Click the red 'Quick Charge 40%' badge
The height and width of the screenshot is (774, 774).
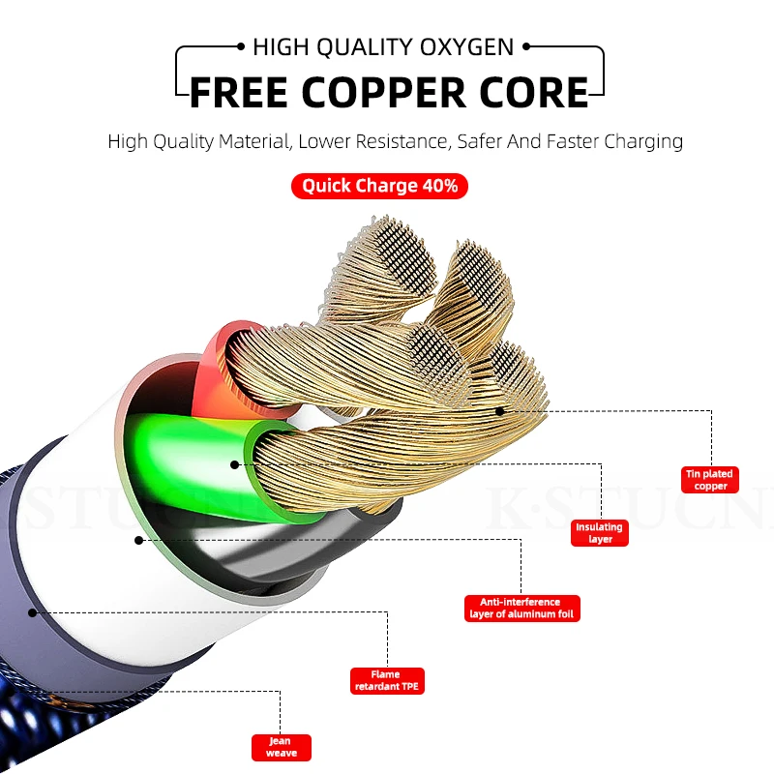[379, 186]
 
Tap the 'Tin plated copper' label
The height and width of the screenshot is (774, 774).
[710, 480]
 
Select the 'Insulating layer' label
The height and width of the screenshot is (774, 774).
[600, 533]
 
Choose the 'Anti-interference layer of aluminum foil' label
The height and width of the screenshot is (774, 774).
[521, 609]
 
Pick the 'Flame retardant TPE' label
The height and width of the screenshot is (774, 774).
[387, 681]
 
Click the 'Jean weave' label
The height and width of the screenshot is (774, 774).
[282, 747]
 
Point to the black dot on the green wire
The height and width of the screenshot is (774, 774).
[235, 464]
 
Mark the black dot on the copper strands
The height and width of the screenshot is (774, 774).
[500, 411]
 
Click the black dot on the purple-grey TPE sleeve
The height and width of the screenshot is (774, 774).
[33, 612]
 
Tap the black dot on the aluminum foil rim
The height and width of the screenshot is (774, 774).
[138, 541]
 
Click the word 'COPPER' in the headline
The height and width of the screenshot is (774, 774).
[383, 92]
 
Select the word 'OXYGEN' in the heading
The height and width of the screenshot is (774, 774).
[467, 47]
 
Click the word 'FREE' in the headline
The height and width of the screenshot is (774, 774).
[239, 92]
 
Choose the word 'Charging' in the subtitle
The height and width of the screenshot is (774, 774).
[643, 142]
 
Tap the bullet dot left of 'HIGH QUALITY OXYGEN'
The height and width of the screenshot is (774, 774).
[241, 46]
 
